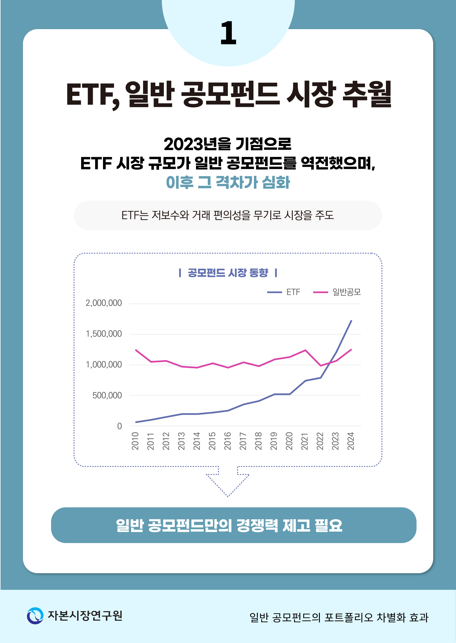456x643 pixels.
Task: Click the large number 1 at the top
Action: coord(228,33)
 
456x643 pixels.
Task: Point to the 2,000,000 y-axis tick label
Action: coord(104,303)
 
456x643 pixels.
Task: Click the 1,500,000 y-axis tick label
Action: coord(104,334)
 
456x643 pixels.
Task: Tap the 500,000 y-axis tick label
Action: coord(107,396)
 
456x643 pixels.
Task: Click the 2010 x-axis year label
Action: coord(135,441)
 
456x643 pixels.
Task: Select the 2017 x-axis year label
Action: coord(243,441)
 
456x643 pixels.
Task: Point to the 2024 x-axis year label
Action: coord(351,441)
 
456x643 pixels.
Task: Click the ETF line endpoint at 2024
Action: coord(351,320)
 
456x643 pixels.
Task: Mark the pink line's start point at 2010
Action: coord(136,350)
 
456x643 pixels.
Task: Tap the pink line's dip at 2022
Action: coord(321,366)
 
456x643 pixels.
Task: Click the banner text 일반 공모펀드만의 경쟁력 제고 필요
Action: coord(229,525)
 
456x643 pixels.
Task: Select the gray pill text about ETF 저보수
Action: coord(228,215)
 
